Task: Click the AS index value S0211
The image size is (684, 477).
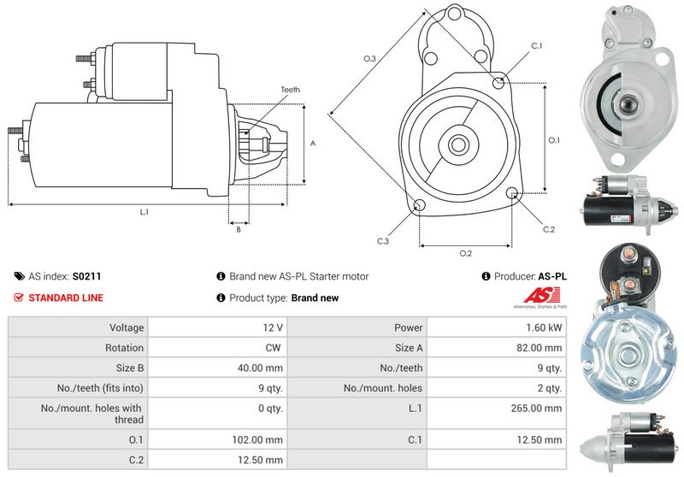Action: click(86, 276)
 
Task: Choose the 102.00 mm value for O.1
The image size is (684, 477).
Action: click(262, 439)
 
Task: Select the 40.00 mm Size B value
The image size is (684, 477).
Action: click(262, 368)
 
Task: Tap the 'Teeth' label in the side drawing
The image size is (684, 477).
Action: click(290, 90)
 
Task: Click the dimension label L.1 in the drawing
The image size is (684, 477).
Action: click(144, 211)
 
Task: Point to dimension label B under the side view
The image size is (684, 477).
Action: click(239, 229)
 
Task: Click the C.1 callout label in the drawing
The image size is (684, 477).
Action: click(537, 45)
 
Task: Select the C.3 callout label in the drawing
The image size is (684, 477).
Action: click(383, 242)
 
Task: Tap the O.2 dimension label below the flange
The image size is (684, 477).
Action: click(466, 253)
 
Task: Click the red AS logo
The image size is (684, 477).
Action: click(538, 295)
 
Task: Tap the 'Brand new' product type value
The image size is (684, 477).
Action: click(315, 298)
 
